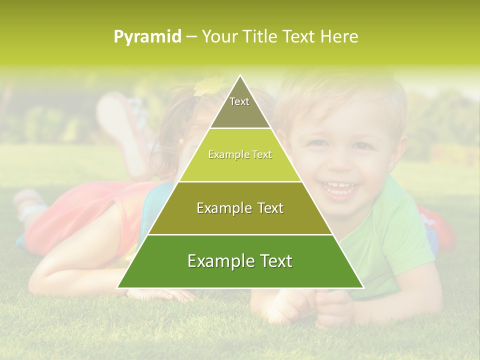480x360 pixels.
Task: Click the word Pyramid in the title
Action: click(147, 37)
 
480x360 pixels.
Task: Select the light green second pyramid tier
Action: click(240, 162)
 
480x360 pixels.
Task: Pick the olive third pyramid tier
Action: click(240, 215)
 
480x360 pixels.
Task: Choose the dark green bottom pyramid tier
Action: click(240, 267)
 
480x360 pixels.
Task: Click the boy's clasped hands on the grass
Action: click(310, 305)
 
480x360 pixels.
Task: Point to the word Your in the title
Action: click(218, 37)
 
